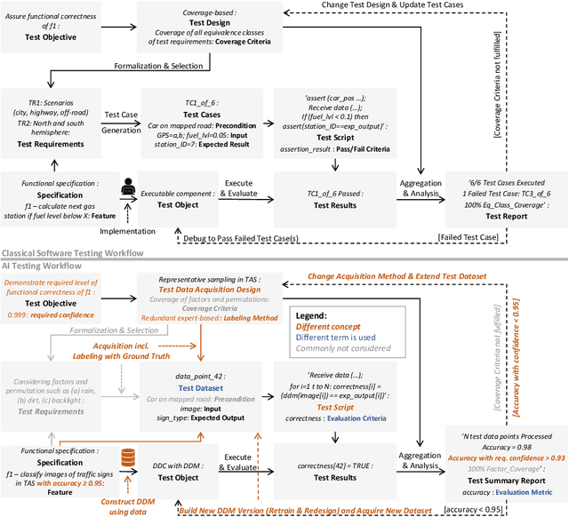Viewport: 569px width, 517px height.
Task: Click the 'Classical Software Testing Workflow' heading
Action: [x=72, y=253]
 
